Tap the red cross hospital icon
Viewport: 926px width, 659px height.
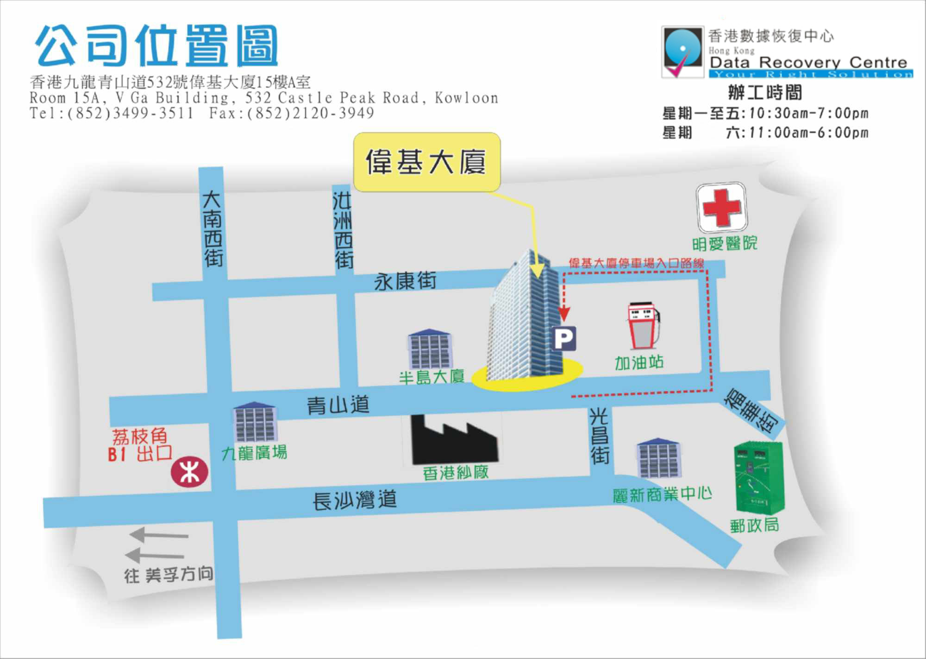(x=722, y=207)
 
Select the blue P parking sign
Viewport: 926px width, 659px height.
(x=564, y=338)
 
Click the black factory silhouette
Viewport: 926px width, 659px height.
(x=454, y=440)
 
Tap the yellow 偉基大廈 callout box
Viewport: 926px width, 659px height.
(x=426, y=162)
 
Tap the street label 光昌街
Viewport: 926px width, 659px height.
(x=599, y=436)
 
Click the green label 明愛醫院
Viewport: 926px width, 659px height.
(x=725, y=243)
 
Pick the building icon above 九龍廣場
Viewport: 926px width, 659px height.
(x=255, y=422)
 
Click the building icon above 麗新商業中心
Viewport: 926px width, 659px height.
(x=658, y=458)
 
